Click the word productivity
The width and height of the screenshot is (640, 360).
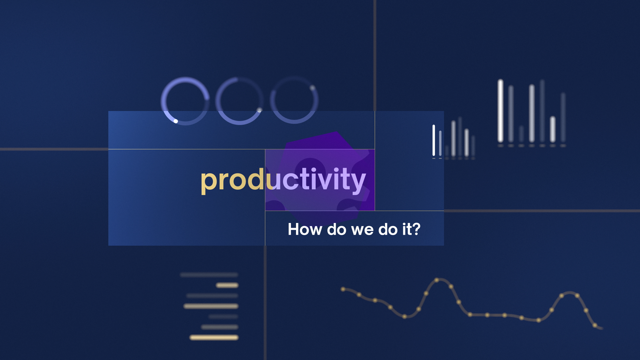pos(283,180)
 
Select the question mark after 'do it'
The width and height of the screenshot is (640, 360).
pos(416,229)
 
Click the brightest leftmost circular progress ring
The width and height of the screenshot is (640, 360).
pos(185,101)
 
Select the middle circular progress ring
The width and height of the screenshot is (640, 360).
pos(239,101)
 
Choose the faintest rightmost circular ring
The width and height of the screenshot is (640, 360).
pos(294,100)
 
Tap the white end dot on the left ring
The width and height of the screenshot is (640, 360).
pos(176,121)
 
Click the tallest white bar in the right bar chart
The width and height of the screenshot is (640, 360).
pos(500,111)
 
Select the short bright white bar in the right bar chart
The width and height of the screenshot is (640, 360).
pos(553,129)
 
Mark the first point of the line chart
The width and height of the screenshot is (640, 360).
pos(343,289)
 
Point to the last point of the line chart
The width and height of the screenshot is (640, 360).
pos(595,325)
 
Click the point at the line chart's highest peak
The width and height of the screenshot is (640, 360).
pos(437,280)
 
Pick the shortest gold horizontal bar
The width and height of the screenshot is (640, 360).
pos(227,285)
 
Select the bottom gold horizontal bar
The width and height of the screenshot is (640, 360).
pos(214,338)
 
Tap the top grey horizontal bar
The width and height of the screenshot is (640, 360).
pos(209,275)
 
